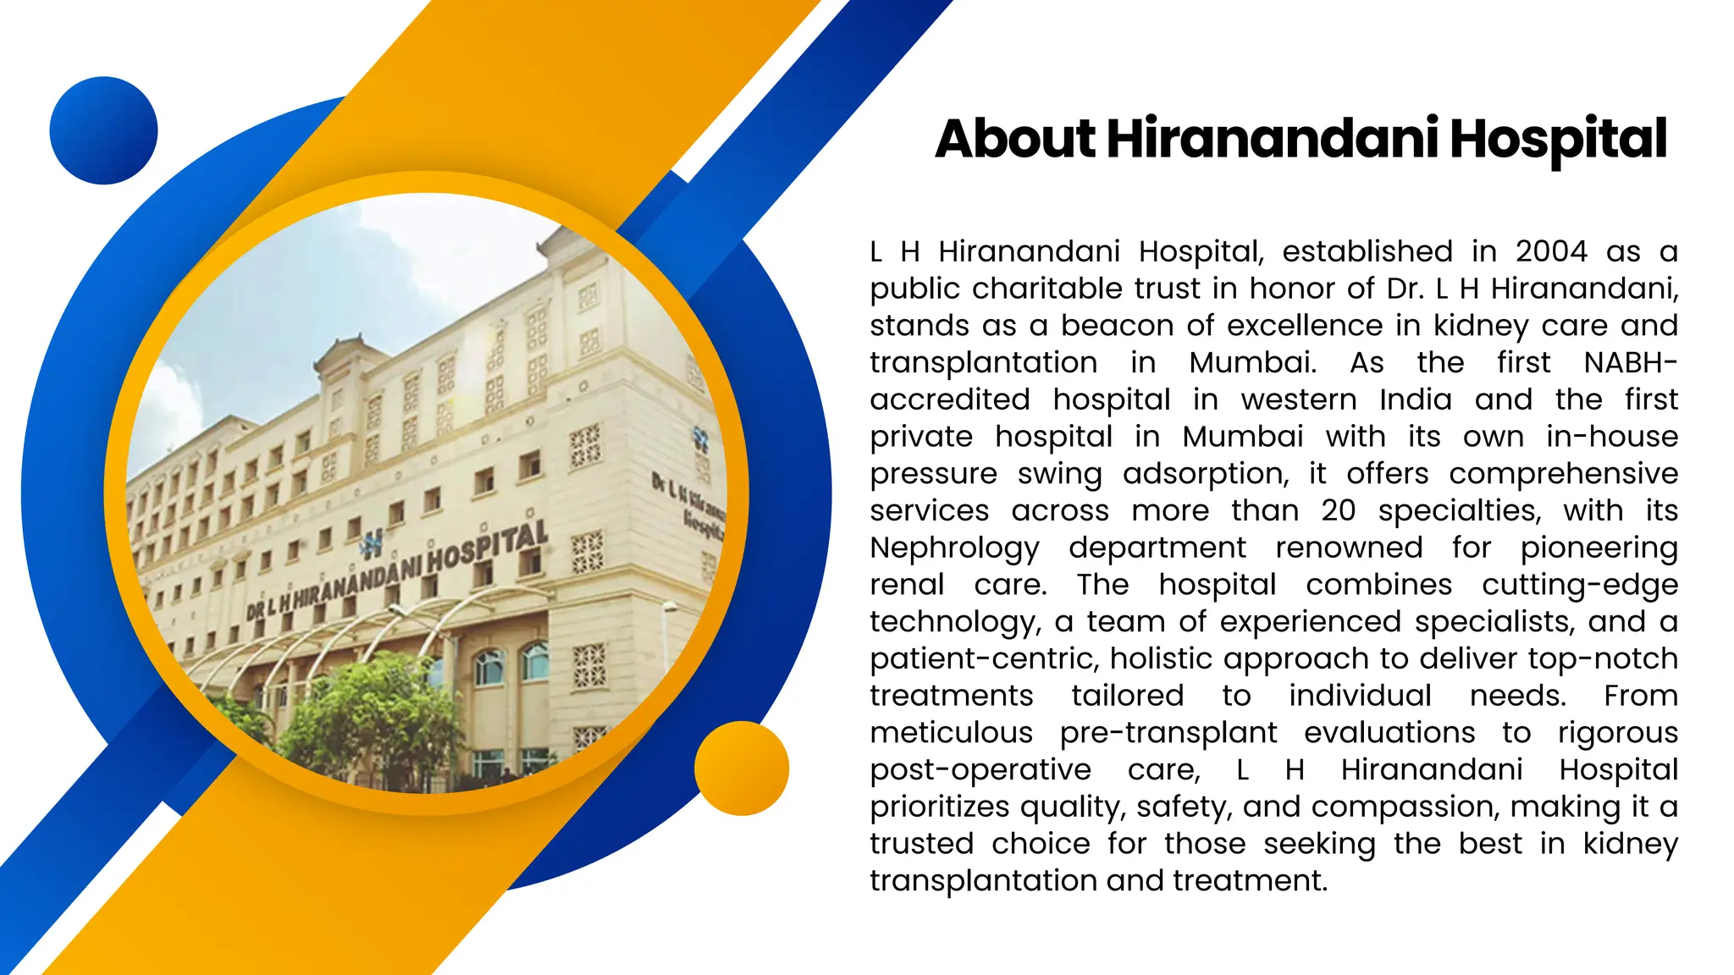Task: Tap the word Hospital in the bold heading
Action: [x=1558, y=139]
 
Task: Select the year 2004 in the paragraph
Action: [x=1551, y=251]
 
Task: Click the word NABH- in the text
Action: [x=1630, y=362]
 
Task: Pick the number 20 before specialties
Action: [x=1338, y=510]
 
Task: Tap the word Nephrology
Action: [x=954, y=548]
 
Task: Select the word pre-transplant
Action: [x=1168, y=733]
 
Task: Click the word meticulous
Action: [x=951, y=733]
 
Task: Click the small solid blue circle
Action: [x=103, y=130]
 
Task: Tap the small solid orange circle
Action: [x=741, y=768]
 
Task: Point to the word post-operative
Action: [x=980, y=770]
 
